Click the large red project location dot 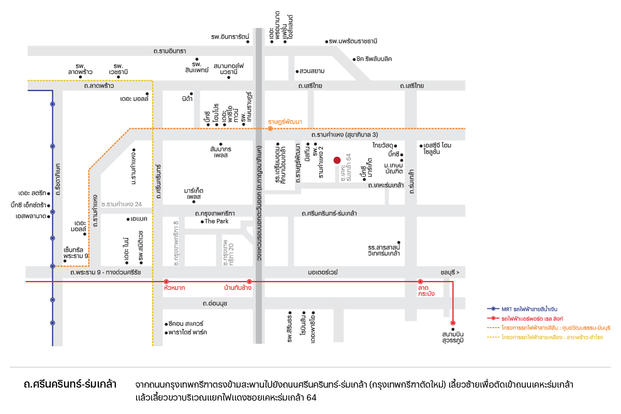pos(337,160)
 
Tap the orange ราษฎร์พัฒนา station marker pos(270,129)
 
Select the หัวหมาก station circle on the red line pos(166,282)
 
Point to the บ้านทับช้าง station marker pos(249,282)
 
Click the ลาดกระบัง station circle pos(420,282)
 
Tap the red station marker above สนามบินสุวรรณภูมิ pos(453,323)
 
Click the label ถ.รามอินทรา pos(170,51)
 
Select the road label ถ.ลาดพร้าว pos(99,86)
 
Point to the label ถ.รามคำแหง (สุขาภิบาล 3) pos(345,135)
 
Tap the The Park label pos(216,221)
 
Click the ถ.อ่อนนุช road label pos(215,304)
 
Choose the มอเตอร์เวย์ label pos(323,272)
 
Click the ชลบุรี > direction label pos(450,273)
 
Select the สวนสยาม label pos(312,71)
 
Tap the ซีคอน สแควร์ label pos(186,323)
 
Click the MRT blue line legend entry pos(522,309)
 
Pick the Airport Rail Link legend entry pos(525,319)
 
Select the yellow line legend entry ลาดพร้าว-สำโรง pos(545,337)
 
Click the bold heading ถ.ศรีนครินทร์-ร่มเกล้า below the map pos(70,385)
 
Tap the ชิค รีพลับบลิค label pos(374,59)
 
